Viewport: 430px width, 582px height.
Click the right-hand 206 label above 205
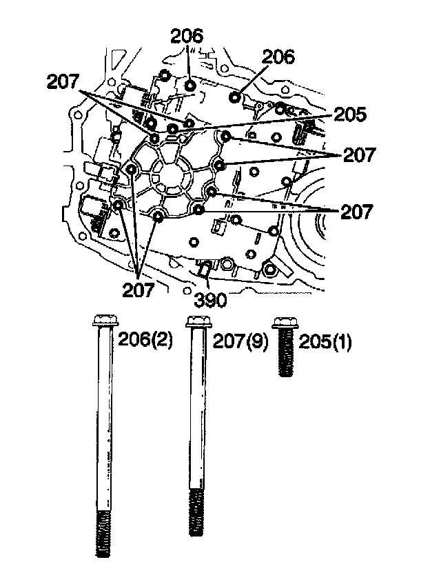tap(277, 57)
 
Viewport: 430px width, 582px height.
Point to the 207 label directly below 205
tap(360, 156)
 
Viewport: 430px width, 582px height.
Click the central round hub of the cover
tap(170, 170)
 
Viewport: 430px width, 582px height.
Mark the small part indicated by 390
tap(203, 269)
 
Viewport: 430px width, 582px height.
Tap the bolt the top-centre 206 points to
tap(191, 84)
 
